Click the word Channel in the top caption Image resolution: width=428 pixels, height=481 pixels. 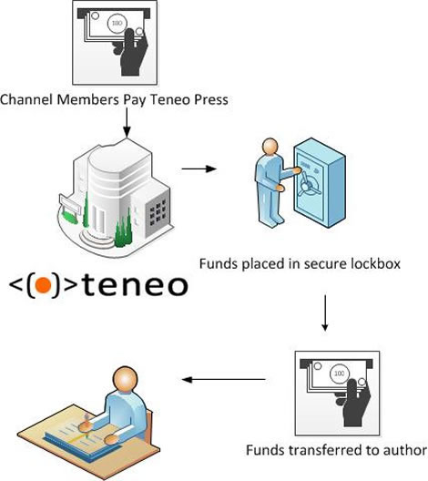click(x=27, y=99)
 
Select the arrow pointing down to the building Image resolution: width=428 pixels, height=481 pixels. click(x=127, y=122)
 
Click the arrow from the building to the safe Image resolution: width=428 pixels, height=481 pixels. click(x=199, y=169)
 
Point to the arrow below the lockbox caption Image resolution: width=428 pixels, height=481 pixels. click(x=325, y=312)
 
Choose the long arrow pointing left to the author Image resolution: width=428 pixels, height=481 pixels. click(x=223, y=380)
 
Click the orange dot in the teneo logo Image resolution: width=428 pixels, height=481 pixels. click(x=43, y=285)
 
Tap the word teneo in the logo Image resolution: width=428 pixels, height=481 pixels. click(x=135, y=286)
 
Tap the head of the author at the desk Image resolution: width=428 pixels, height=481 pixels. click(x=125, y=379)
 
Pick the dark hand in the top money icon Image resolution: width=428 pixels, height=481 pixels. click(x=131, y=52)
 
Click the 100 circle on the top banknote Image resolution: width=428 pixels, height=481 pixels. click(x=117, y=23)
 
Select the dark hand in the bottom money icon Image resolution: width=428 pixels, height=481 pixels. click(x=353, y=403)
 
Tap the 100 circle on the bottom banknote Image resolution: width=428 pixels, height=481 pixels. click(x=339, y=374)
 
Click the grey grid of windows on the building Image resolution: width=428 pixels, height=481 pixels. click(x=158, y=211)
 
